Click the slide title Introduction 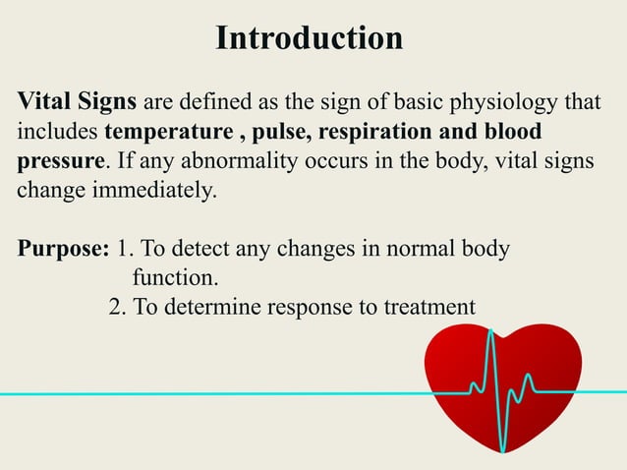coord(309,38)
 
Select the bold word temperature coord(163,132)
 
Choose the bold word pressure coord(60,160)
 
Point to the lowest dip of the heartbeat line coord(504,449)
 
